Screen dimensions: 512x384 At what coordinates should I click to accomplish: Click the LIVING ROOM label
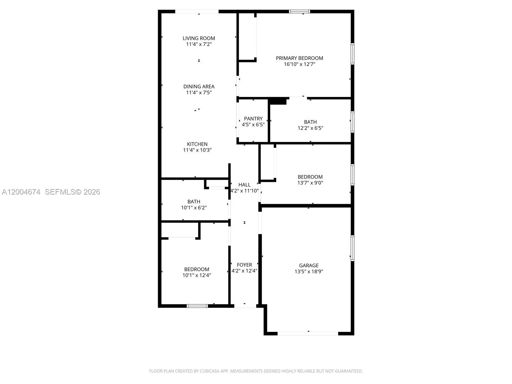click(x=199, y=38)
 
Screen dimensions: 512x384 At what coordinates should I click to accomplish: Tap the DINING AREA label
click(x=199, y=86)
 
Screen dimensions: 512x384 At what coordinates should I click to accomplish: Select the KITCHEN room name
click(x=197, y=144)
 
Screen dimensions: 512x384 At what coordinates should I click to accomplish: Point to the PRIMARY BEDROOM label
click(x=300, y=58)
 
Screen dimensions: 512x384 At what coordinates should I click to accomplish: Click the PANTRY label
click(x=253, y=118)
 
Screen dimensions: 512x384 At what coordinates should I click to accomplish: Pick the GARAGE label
click(x=308, y=265)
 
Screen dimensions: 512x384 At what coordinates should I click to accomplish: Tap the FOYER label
click(x=244, y=265)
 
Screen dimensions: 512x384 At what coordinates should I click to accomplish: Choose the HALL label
click(x=244, y=185)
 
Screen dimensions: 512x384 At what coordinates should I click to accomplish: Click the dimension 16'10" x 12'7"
click(x=300, y=64)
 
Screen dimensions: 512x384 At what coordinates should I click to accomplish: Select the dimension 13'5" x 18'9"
click(x=308, y=271)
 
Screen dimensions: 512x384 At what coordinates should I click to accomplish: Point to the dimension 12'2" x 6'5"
click(x=310, y=128)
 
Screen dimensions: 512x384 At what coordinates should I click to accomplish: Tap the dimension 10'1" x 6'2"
click(x=194, y=207)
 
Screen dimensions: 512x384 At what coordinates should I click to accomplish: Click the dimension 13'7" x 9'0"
click(x=310, y=183)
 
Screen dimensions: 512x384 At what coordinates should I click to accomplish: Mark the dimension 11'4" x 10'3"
click(x=197, y=150)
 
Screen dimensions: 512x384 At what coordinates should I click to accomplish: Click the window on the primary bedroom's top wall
click(x=300, y=12)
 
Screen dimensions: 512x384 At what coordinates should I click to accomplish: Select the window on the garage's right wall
click(x=352, y=248)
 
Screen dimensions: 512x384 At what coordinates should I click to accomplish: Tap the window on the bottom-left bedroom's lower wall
click(x=197, y=306)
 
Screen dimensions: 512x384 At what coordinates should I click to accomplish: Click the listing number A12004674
click(x=21, y=192)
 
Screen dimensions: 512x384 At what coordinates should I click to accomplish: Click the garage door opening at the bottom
click(x=308, y=334)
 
